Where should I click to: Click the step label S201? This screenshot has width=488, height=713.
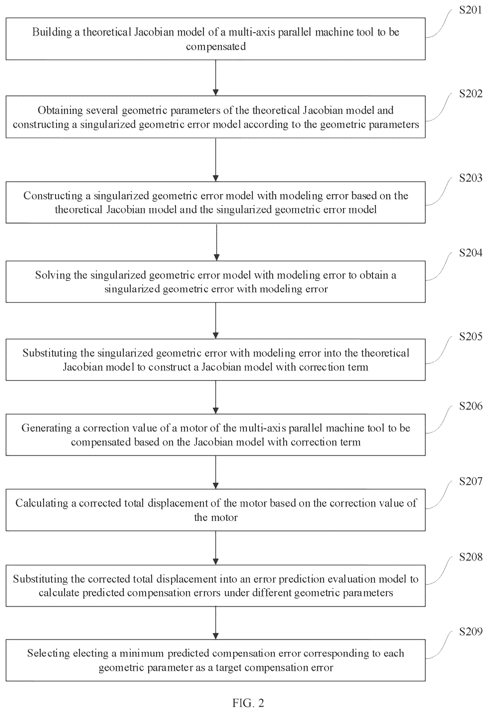(470, 10)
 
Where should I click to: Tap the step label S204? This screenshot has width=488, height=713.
(470, 253)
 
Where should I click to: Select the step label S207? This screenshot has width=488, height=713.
(470, 481)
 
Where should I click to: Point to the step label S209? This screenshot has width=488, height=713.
(470, 631)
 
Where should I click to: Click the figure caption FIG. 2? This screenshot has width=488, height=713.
(248, 703)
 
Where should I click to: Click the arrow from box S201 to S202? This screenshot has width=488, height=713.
(216, 78)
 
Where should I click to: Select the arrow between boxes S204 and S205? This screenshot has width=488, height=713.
(216, 321)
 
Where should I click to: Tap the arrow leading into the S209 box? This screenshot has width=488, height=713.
(216, 623)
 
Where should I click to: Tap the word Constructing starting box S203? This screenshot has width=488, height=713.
(53, 196)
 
